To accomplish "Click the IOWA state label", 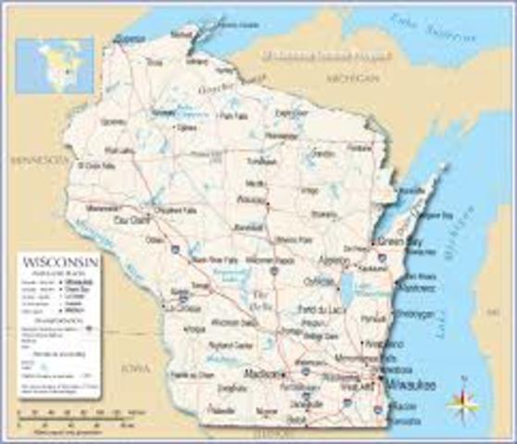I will click(135, 368).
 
